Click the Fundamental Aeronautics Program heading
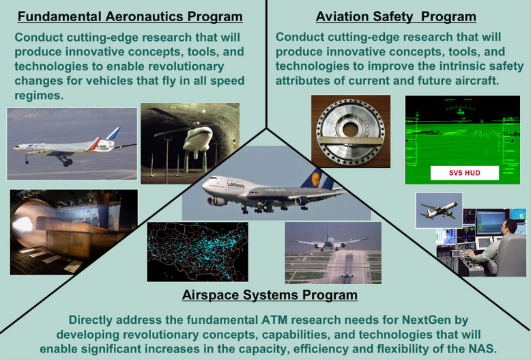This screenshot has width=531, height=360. (x=130, y=16)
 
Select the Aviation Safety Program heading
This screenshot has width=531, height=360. (x=396, y=16)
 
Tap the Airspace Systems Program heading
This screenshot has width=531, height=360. (x=270, y=295)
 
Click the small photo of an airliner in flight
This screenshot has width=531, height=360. (x=438, y=210)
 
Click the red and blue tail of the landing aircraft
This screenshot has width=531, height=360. (x=111, y=135)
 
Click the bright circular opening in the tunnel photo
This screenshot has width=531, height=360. (x=28, y=226)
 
